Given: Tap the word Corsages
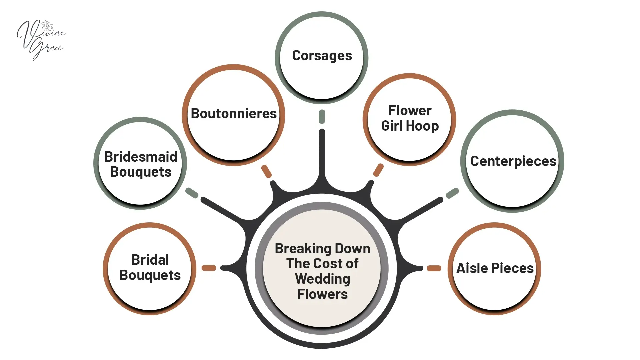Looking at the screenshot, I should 322,56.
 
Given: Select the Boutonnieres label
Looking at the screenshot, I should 234,114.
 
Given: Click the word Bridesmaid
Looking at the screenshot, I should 141,157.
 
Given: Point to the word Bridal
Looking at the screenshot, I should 150,260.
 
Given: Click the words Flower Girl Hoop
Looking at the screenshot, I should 410,118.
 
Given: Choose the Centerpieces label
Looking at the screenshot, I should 513,161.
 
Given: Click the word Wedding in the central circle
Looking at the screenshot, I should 322,279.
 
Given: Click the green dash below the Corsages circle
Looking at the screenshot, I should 322,117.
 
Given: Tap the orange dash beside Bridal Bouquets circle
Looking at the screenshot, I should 209,268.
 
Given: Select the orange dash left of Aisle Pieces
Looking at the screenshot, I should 434,268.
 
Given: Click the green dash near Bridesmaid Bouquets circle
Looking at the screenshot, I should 192,193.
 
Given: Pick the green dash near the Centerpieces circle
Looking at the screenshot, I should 452,193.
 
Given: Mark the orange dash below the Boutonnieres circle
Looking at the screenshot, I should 266,171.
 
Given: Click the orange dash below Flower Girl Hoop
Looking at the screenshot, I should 378,170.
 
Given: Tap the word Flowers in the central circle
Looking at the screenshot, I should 322,294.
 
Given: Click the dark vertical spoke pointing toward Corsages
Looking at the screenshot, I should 322,153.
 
